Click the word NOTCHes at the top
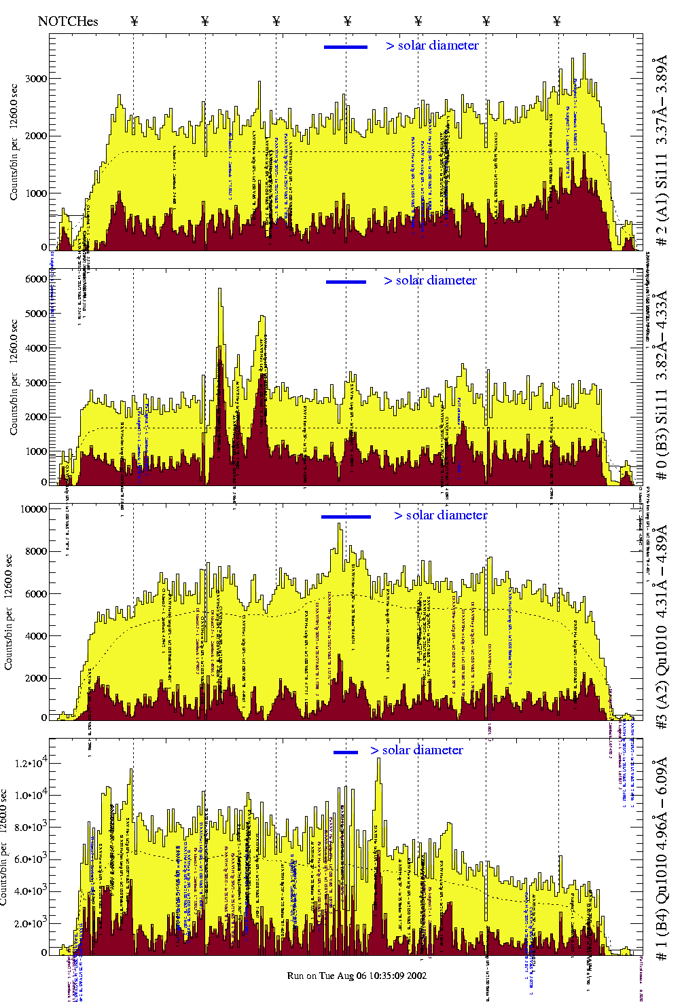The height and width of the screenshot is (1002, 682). pyautogui.click(x=68, y=21)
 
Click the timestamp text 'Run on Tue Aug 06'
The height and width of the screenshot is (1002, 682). pyautogui.click(x=357, y=976)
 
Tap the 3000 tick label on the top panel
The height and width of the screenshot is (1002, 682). pyautogui.click(x=37, y=79)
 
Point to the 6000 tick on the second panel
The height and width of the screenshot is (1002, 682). pyautogui.click(x=35, y=279)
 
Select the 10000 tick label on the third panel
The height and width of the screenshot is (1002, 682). pyautogui.click(x=34, y=509)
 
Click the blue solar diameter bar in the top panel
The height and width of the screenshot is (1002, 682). pyautogui.click(x=346, y=47)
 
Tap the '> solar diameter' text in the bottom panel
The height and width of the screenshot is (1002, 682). pyautogui.click(x=416, y=750)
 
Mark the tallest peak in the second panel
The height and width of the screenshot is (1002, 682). pyautogui.click(x=219, y=291)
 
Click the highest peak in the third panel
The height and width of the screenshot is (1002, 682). pyautogui.click(x=340, y=525)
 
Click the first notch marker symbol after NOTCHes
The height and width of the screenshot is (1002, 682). pyautogui.click(x=134, y=21)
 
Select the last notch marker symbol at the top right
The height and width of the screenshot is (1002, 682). pyautogui.click(x=557, y=21)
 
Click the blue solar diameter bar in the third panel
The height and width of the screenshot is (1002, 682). pyautogui.click(x=346, y=517)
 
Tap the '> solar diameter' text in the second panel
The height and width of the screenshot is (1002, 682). pyautogui.click(x=430, y=280)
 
